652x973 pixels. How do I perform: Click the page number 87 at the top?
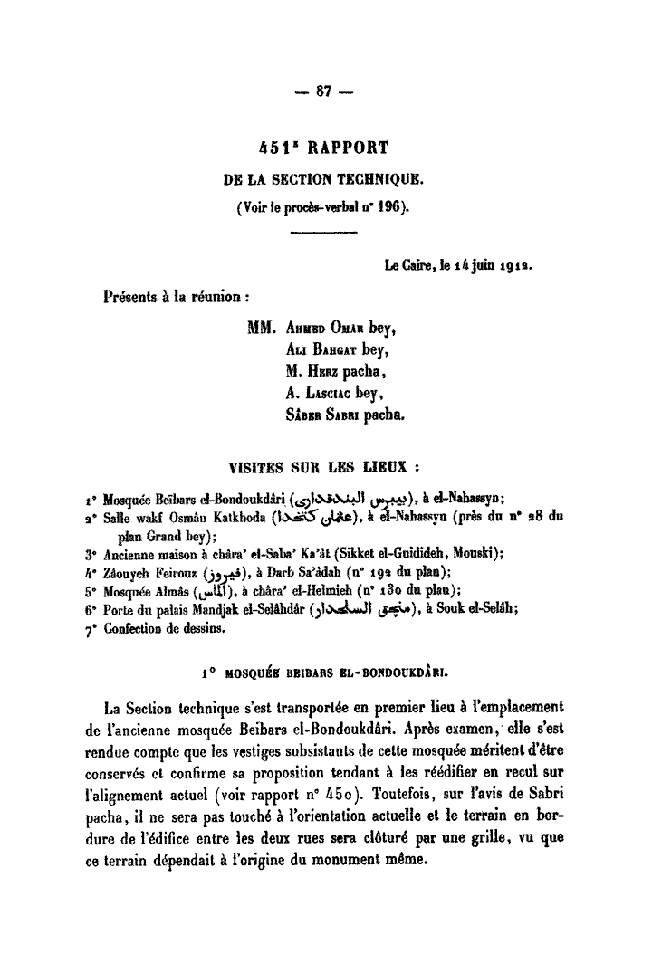(x=325, y=91)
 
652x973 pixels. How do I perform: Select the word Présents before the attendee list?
(x=137, y=295)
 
